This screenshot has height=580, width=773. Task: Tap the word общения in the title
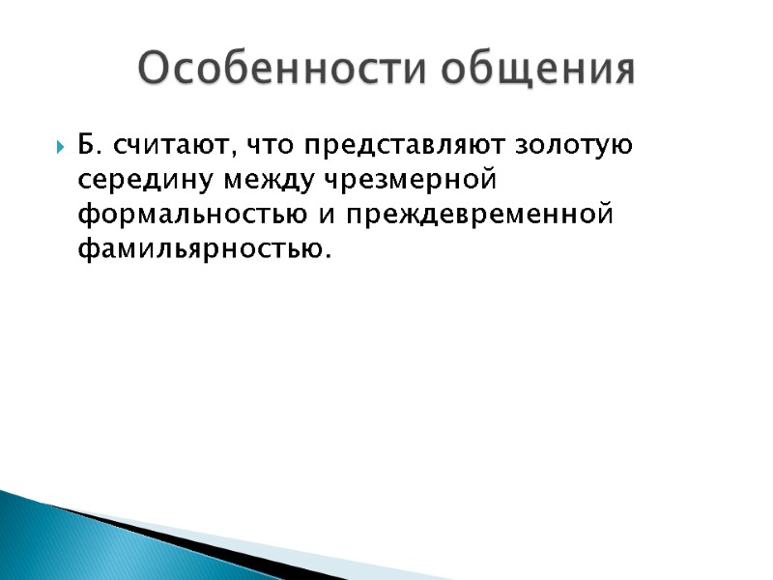pos(542,70)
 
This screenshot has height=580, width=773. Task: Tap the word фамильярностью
pos(200,249)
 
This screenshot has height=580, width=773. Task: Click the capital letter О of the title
pos(152,70)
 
